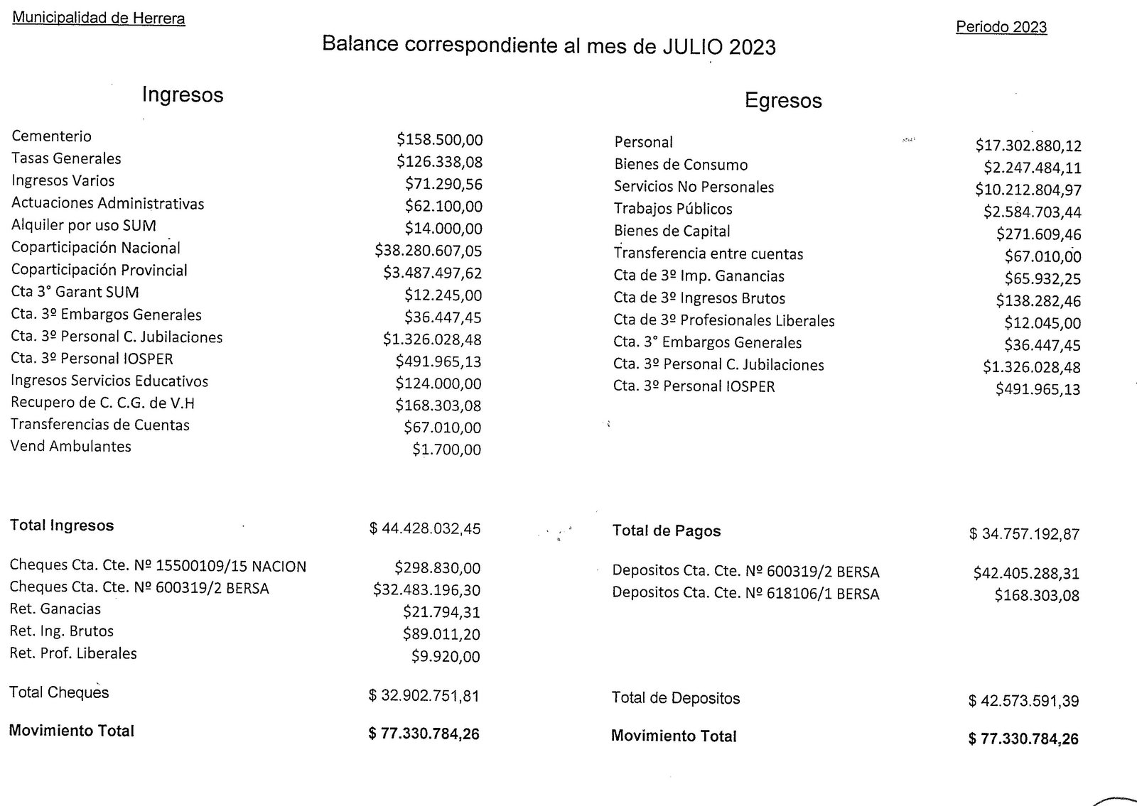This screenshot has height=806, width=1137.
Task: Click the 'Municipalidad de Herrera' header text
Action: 99,18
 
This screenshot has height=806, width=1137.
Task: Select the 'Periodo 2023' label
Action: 1001,27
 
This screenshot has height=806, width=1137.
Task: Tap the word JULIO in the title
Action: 691,46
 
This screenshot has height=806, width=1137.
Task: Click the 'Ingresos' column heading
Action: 183,94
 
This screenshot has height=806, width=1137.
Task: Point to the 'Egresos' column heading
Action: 783,101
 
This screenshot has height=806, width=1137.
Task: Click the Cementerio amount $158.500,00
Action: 440,139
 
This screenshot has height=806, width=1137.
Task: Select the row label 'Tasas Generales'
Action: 66,158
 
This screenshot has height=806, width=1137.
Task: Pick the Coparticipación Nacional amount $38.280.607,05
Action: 429,251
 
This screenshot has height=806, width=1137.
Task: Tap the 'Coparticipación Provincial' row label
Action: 99,270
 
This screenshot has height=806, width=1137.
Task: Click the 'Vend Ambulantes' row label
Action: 70,447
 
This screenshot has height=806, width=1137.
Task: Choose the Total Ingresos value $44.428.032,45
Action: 425,528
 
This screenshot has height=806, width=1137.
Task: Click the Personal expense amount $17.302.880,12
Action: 1028,146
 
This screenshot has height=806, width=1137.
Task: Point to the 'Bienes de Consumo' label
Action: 681,165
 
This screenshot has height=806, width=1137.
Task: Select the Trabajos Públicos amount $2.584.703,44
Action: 1033,212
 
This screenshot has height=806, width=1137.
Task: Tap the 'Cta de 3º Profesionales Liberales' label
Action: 724,320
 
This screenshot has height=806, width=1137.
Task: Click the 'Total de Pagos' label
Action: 667,531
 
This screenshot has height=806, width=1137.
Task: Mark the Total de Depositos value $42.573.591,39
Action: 1023,702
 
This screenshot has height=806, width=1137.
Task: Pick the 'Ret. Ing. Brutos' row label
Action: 61,631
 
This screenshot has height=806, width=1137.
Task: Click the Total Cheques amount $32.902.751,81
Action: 424,696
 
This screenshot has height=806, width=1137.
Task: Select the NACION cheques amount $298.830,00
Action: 438,568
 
